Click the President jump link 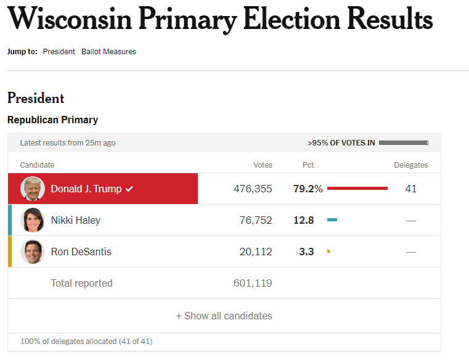click(59, 52)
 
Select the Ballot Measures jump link click(108, 52)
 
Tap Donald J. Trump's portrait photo click(33, 189)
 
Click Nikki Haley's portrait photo click(33, 220)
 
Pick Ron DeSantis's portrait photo click(33, 252)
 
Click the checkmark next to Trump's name click(129, 189)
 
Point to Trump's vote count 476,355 click(253, 189)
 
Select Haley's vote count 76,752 click(256, 220)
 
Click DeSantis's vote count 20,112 click(256, 252)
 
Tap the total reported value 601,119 click(253, 284)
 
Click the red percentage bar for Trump click(357, 188)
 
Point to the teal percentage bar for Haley click(332, 219)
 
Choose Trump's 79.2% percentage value click(308, 189)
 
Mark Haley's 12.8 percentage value click(304, 220)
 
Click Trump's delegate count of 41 click(411, 189)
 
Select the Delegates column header click(411, 165)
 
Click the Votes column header click(263, 165)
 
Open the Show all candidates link click(224, 316)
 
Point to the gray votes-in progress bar click(404, 143)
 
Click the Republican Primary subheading click(52, 120)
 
